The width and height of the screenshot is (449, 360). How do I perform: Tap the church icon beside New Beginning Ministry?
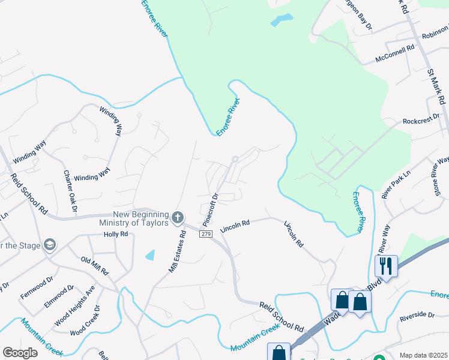177,217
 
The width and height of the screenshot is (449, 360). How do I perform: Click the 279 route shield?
206,233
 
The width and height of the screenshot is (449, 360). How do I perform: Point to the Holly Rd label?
116,234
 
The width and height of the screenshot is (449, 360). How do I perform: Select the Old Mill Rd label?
95,265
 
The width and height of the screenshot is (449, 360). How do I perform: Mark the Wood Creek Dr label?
85,321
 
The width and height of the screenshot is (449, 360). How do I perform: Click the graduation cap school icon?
50,245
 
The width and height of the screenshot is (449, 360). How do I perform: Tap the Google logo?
20,352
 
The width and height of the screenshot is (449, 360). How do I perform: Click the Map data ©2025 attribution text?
423,355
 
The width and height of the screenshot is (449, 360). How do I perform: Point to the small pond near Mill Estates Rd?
150,255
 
